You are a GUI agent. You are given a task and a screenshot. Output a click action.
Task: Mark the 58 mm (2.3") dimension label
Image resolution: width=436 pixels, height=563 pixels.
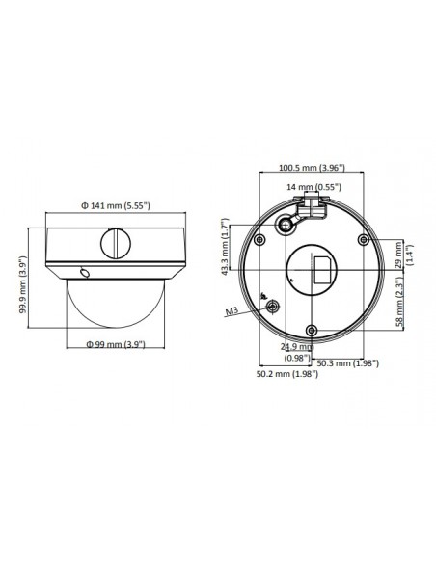coord(398,302)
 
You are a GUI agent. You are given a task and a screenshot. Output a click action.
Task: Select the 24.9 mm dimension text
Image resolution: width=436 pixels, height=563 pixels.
coord(296,346)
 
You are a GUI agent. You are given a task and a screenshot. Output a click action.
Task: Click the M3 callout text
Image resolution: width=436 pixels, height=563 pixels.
coord(231,312)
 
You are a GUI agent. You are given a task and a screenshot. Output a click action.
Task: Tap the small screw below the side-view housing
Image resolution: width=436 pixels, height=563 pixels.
coord(87,272)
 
